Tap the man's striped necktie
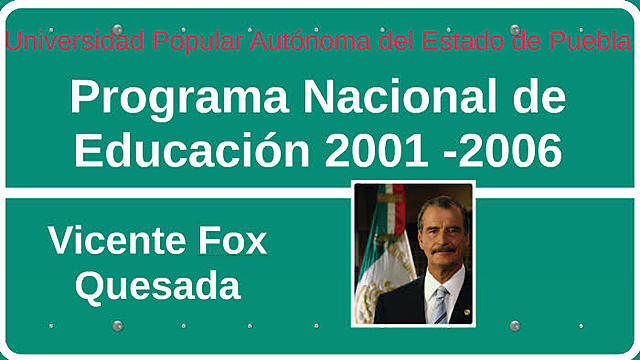439,304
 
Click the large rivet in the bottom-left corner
117,326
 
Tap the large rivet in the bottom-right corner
515,326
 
